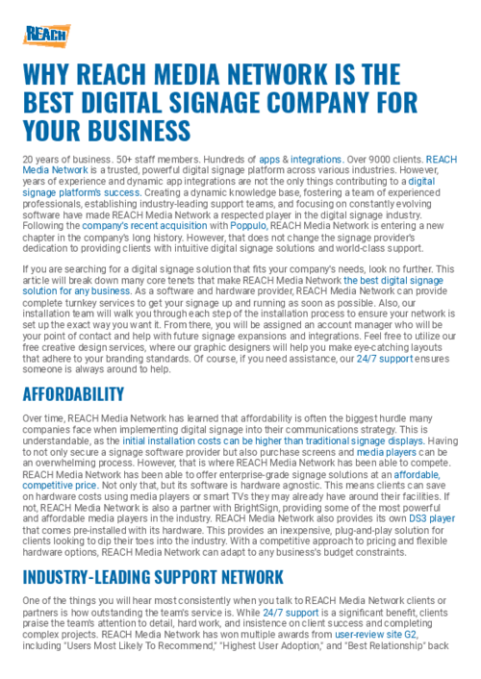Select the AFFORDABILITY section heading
click(x=73, y=394)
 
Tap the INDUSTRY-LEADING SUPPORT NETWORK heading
click(x=153, y=577)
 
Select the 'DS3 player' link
click(x=433, y=516)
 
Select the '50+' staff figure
click(x=114, y=159)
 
